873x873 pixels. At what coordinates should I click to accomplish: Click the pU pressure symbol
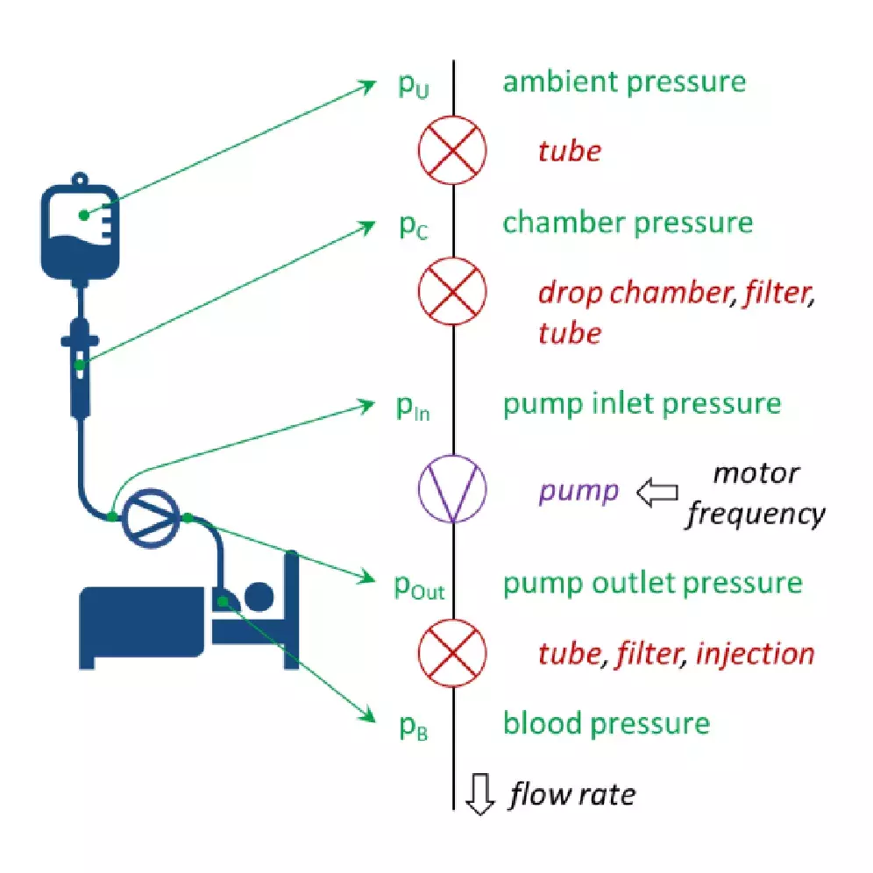click(413, 86)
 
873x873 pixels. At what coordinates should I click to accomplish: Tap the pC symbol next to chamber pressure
click(413, 226)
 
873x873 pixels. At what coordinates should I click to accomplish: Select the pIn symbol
click(413, 408)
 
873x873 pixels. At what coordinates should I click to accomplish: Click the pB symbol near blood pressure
click(413, 727)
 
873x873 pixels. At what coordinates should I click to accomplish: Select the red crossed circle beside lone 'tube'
click(452, 151)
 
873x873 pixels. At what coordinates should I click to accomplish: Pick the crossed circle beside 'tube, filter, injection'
click(452, 653)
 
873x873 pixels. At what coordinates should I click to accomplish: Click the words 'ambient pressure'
click(624, 82)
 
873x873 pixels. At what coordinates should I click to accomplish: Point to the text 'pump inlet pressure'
click(641, 404)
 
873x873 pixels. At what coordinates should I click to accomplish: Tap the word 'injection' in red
click(755, 653)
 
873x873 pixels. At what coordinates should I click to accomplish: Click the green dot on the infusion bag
click(83, 215)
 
